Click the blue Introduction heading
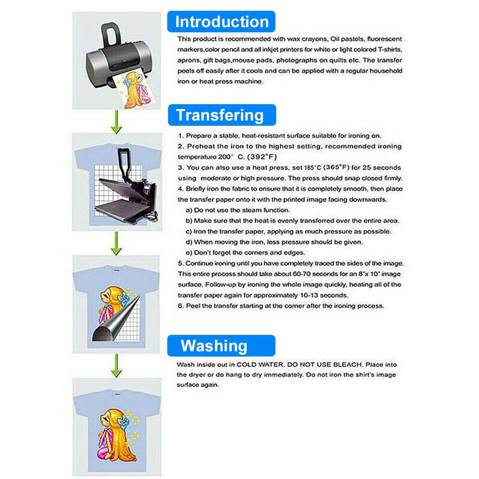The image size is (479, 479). tap(221, 22)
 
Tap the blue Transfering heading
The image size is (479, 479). tap(222, 115)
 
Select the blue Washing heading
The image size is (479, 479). tap(221, 346)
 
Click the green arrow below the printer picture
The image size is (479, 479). tap(116, 122)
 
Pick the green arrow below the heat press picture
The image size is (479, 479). tap(116, 243)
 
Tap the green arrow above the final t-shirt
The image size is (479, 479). tap(116, 366)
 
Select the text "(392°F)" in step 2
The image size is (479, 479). tap(262, 157)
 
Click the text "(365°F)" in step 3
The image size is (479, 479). tap(336, 167)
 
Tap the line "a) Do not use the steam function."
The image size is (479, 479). tap(238, 210)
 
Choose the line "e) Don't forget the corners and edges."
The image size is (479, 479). tap(245, 253)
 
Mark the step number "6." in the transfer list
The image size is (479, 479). tap(181, 306)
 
